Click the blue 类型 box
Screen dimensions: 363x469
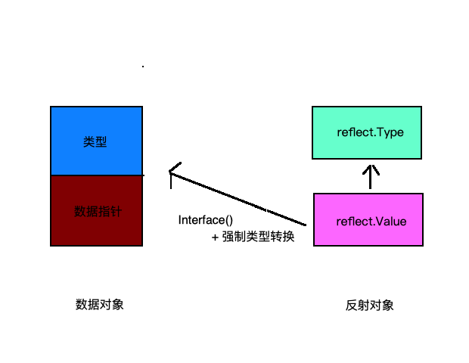(96, 141)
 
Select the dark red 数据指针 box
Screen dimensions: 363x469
(96, 210)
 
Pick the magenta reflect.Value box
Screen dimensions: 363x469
(368, 220)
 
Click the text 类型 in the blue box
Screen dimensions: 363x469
(95, 141)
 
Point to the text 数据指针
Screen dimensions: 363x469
(98, 211)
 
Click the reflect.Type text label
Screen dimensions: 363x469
(371, 132)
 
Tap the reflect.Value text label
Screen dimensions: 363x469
(371, 222)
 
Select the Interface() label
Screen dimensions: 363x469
(205, 220)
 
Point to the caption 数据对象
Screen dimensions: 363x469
(99, 304)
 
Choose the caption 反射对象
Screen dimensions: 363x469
(370, 306)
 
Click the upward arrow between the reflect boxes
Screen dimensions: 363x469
(370, 177)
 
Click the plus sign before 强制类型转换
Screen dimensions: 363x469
(216, 237)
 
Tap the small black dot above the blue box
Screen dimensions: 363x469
(143, 67)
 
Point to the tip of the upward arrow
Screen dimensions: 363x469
(370, 166)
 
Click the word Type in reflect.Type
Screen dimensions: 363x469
(391, 132)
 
